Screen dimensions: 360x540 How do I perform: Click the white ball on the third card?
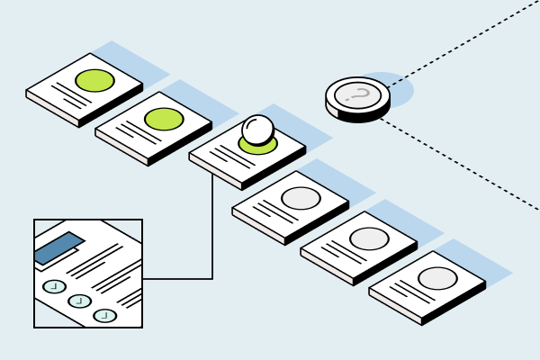coord(258,129)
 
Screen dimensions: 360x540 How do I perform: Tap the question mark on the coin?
coord(358,93)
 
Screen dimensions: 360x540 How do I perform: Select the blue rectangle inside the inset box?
coord(58,247)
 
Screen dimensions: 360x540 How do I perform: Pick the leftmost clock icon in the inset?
coord(54,286)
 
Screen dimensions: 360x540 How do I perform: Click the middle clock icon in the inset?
coord(79,301)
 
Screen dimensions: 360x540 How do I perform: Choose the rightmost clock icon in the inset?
coord(104,315)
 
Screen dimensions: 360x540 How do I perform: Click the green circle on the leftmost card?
coord(94,80)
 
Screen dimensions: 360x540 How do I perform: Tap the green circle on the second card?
coord(164,118)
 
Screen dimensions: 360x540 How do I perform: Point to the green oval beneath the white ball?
coord(258,147)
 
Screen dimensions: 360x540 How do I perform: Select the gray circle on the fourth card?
coord(301,198)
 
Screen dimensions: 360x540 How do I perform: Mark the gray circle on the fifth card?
coord(369,238)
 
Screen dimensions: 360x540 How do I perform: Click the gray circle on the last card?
coord(437,278)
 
